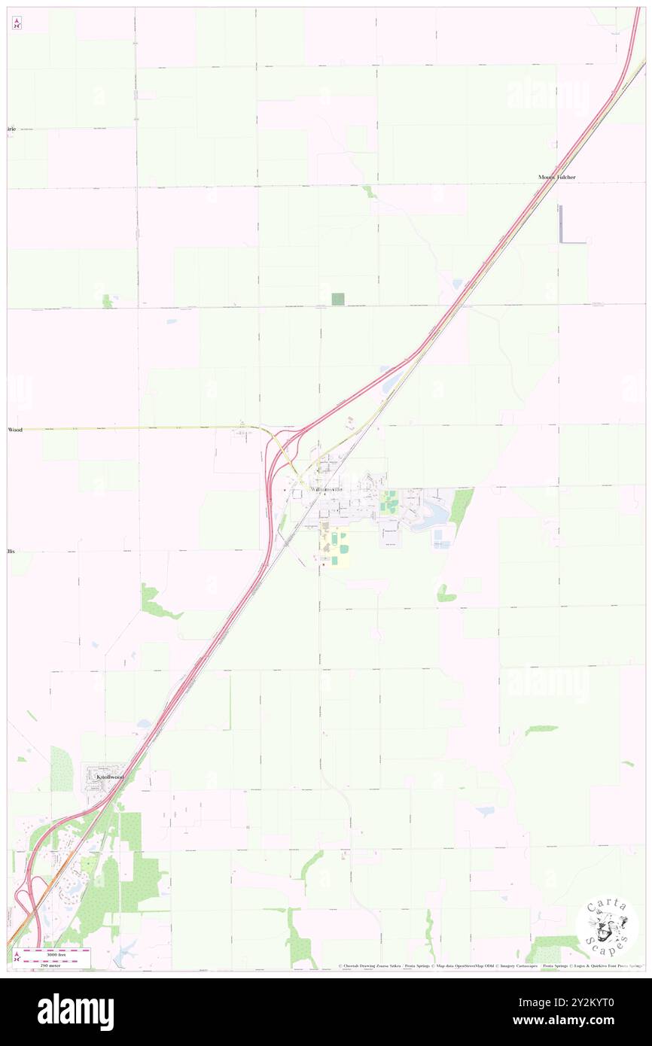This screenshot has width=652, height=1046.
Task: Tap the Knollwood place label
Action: (x=109, y=775)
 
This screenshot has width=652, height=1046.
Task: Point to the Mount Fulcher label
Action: (x=556, y=178)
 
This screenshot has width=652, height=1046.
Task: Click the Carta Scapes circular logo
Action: (x=607, y=925)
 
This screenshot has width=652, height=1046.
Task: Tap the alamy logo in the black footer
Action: (x=75, y=1012)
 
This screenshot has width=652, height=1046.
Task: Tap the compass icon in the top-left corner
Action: (x=17, y=23)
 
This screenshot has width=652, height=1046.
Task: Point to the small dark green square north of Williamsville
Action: (x=338, y=299)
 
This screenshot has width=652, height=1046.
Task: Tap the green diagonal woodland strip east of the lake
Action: (x=461, y=508)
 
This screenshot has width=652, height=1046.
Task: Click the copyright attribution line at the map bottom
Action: (x=489, y=965)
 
